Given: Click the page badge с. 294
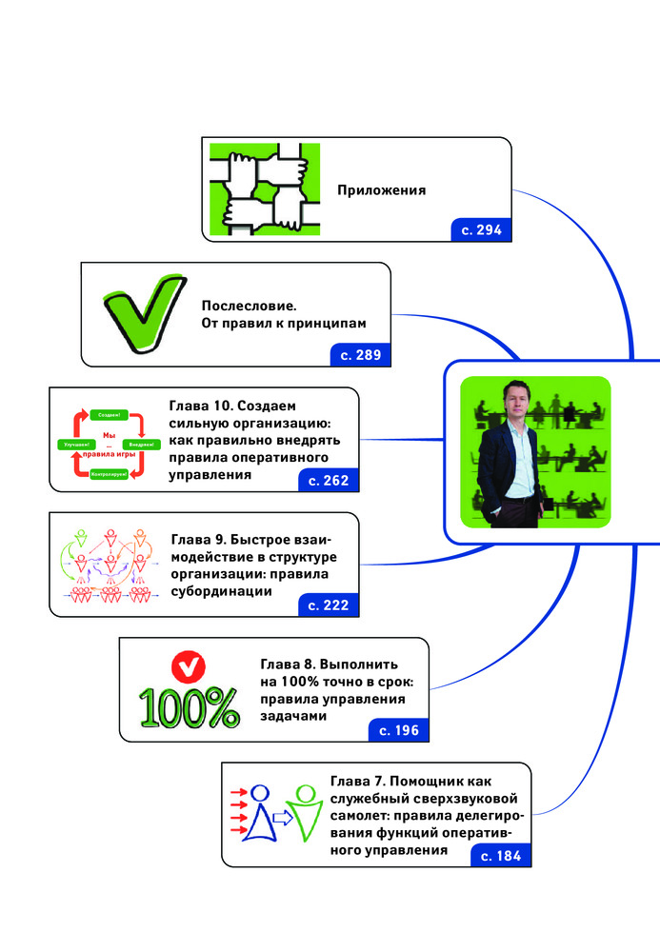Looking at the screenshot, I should [482, 229].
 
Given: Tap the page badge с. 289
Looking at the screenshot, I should [361, 355].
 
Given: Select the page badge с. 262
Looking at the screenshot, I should [330, 481].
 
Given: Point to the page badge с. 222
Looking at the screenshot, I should [330, 605].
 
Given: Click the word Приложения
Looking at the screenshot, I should [381, 189].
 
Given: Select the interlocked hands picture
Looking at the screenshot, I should [259, 187].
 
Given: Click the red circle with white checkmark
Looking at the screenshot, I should [188, 663].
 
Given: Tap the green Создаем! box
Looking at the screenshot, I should [109, 414].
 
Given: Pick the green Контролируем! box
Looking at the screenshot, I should [110, 473].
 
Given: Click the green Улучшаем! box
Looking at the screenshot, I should [75, 444].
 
